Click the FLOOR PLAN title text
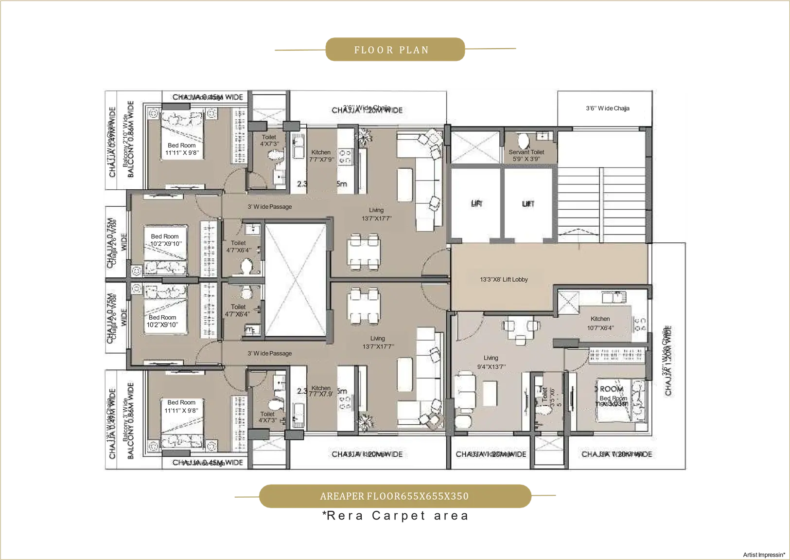tap(391, 50)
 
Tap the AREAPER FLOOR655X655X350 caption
tap(394, 496)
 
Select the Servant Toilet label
tap(527, 152)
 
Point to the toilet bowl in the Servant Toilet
tap(524, 141)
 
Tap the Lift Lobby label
tap(504, 280)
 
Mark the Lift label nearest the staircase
tap(528, 204)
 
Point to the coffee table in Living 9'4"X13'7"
tap(490, 393)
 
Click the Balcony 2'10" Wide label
tap(125, 141)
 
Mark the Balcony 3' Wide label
tap(125, 419)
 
